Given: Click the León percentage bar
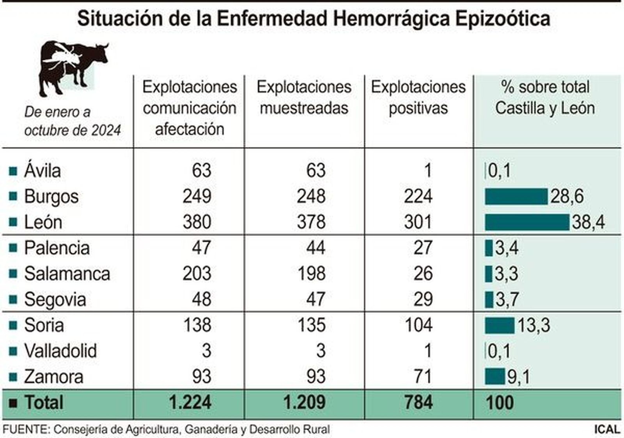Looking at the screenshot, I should pos(527,222).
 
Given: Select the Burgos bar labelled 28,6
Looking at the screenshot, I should pos(516,196).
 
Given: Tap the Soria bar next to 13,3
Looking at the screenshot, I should pos(500,325).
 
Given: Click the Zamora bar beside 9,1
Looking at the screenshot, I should pos(495,376).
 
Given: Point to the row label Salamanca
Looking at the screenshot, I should pos(67,274).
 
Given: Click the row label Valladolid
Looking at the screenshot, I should pos(60,351).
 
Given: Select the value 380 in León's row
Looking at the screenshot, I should pos(197,222).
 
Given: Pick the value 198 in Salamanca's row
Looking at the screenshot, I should pos(311,274).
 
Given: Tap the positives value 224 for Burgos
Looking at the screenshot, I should pos(418,196).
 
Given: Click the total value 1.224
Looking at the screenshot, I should pos(190,402).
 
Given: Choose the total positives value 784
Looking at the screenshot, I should pos(418,402).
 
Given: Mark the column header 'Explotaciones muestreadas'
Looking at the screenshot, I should pos(304,97).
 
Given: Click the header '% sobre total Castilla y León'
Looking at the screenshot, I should pos(545,97).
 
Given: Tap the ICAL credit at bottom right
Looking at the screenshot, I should pos(607,429).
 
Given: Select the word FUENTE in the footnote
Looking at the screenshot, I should pos(26,429).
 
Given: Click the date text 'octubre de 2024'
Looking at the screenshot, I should pos(73,130).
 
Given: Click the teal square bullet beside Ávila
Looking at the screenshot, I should pos(13,171).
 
